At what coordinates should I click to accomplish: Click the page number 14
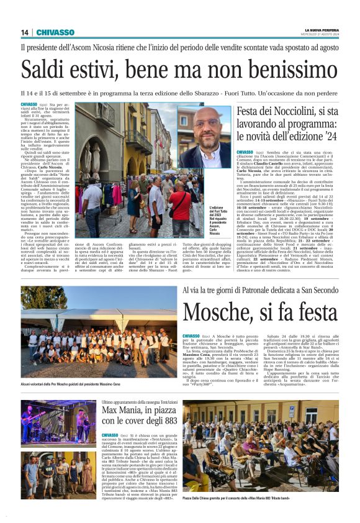click(x=25, y=32)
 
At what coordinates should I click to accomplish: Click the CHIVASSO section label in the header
click(x=55, y=32)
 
